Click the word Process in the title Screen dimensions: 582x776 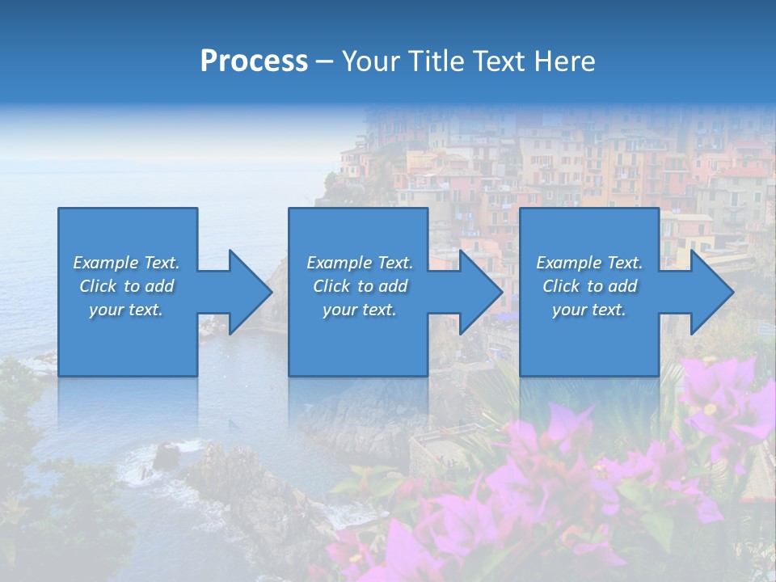click(x=254, y=61)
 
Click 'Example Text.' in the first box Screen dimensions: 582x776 click(x=126, y=263)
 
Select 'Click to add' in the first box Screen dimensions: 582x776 click(x=126, y=286)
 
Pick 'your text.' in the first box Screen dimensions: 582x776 click(x=126, y=310)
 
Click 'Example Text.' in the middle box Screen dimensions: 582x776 click(x=360, y=263)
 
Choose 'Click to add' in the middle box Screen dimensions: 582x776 click(x=360, y=286)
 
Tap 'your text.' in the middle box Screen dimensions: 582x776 click(x=360, y=310)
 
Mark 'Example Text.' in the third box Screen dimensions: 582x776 click(x=589, y=263)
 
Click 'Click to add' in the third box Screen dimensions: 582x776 click(x=589, y=286)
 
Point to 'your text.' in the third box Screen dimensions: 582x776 click(x=589, y=310)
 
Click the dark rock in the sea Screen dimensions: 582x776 click(x=167, y=456)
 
